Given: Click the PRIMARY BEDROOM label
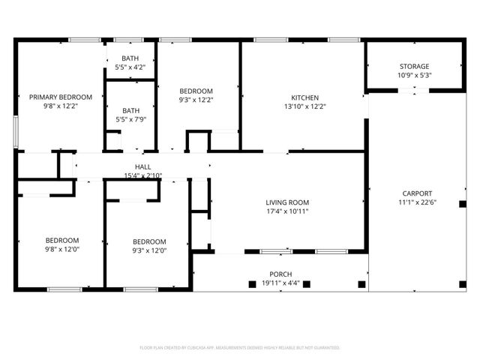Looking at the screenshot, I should (60, 97).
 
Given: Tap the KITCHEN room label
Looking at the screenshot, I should (305, 97).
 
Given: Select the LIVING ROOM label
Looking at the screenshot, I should (287, 202).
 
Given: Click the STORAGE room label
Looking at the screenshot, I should (413, 66).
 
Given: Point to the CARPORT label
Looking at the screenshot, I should (416, 193).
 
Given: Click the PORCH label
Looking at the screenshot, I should (280, 274).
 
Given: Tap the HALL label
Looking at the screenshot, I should (142, 167).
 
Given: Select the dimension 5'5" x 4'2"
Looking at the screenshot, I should (130, 67).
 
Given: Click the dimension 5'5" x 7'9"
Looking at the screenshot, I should (130, 118).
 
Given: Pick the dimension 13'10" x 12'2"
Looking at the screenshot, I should (305, 106).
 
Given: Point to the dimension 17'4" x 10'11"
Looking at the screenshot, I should (287, 212).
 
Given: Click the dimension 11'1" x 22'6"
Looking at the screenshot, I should (416, 202).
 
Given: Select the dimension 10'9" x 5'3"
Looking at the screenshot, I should (413, 76).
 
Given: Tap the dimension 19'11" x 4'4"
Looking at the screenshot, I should (280, 283).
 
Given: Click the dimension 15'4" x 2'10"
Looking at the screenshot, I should (142, 176).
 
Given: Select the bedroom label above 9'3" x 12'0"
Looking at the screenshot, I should (149, 241).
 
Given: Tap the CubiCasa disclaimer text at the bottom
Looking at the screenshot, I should (240, 347).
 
